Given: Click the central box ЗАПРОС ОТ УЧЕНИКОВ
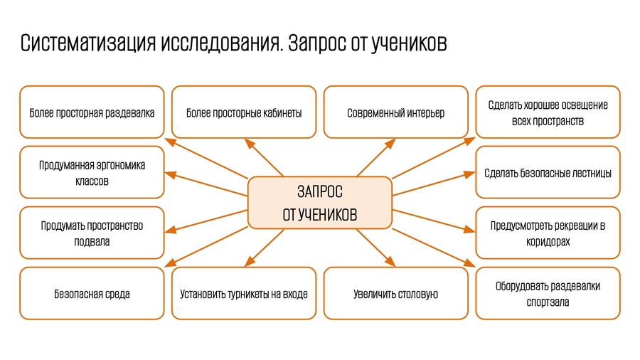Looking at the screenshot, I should [x=319, y=203].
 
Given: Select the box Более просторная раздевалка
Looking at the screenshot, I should [x=92, y=112].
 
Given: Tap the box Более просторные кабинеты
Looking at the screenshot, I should [x=244, y=112].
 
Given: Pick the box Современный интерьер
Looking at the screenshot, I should [x=395, y=112].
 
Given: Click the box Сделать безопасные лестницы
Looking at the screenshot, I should [x=548, y=173].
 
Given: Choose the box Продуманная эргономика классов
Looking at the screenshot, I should [x=92, y=173].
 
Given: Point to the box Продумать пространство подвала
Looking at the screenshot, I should [x=92, y=233].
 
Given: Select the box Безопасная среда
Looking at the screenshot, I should [x=92, y=293].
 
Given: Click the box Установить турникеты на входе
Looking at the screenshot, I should [x=244, y=293].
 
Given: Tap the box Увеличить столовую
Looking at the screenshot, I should [x=395, y=293].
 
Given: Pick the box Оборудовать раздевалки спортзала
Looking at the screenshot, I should [x=548, y=293].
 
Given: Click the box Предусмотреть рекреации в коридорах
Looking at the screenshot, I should [x=548, y=233].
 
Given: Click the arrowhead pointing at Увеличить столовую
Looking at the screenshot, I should [x=390, y=263].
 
